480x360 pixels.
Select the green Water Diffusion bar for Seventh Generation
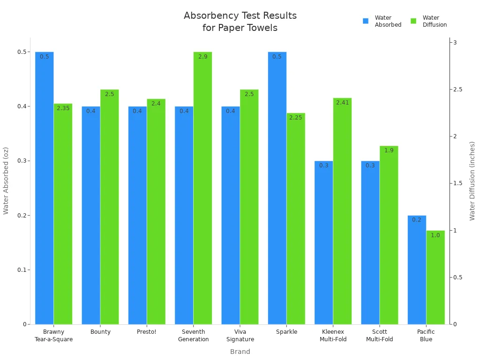click(x=202, y=187)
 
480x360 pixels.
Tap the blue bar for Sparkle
click(x=277, y=187)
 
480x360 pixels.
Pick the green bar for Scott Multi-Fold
click(x=389, y=234)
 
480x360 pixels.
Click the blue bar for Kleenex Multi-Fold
click(x=323, y=242)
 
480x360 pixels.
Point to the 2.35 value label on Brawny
click(x=63, y=108)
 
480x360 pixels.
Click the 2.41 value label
click(x=343, y=103)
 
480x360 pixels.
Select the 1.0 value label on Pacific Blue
click(x=435, y=235)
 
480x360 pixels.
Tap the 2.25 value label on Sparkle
click(x=296, y=118)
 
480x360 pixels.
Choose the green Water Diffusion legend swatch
click(x=413, y=21)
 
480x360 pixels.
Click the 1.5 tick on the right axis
click(x=457, y=183)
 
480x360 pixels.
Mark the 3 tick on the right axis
click(x=455, y=43)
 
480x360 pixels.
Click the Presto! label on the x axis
click(x=147, y=332)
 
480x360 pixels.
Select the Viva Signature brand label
click(x=240, y=336)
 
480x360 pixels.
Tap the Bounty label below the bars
click(x=100, y=332)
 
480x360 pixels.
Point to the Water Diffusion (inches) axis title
click(x=472, y=181)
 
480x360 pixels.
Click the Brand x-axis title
click(x=240, y=352)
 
